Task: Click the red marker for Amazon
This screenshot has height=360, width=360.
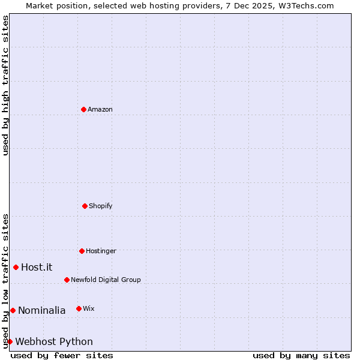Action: point(84,109)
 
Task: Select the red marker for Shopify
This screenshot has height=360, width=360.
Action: point(85,206)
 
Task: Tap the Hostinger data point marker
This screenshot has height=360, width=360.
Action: point(82,251)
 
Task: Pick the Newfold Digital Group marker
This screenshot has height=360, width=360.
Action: point(67,280)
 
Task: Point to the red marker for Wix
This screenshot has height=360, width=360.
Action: point(79,308)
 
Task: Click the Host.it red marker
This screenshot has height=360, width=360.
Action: point(16,267)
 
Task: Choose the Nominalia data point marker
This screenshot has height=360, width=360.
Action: point(13,310)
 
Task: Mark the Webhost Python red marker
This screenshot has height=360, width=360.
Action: point(10,341)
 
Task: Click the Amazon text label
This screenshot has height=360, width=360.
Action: point(100,109)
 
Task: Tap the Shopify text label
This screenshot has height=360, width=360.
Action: point(101,206)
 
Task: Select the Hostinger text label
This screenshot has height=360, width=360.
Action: point(101,251)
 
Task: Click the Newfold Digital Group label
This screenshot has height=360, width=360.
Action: point(106,280)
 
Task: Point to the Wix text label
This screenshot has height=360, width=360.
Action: point(89,308)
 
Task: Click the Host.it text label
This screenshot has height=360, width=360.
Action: point(37,268)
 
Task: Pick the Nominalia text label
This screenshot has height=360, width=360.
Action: point(41,310)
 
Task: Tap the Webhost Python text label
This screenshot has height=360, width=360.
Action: point(54,342)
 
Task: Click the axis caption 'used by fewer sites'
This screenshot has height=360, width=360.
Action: point(62,355)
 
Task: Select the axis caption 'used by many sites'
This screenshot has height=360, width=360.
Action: point(301,355)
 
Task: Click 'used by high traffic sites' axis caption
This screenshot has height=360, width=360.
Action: point(5,85)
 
